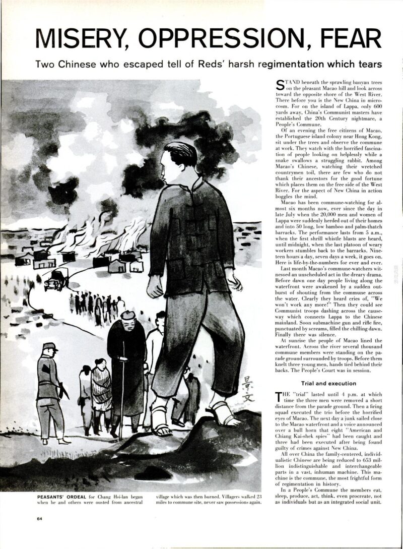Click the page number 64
click(41, 518)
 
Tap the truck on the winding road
click(56, 279)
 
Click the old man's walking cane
click(121, 388)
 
